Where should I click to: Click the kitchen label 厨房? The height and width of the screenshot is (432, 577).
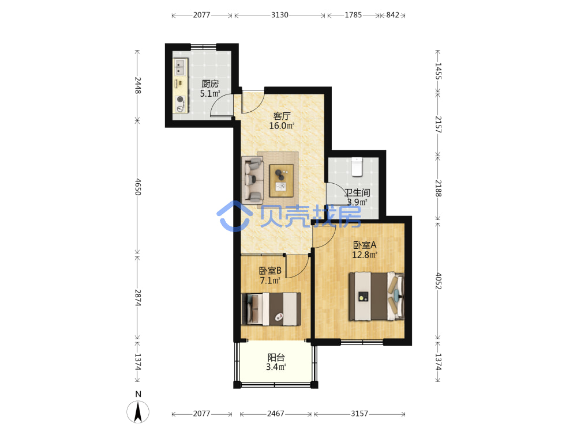[210, 84]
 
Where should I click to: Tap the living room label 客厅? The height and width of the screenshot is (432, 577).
[282, 116]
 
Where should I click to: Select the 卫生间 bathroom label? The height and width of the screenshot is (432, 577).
[357, 192]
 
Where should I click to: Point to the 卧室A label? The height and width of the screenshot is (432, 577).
[365, 245]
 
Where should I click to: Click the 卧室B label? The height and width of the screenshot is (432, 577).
[270, 271]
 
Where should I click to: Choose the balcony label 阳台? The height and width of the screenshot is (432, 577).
[276, 357]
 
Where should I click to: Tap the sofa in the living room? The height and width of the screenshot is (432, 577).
[253, 180]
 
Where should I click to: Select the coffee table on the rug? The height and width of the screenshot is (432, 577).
[282, 180]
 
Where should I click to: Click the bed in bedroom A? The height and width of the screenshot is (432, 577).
[376, 296]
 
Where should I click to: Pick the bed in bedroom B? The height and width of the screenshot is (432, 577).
[271, 309]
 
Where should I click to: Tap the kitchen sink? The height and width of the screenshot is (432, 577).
[180, 67]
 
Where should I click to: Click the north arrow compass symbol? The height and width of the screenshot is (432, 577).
[138, 412]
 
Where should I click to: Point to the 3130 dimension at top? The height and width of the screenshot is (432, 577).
[280, 15]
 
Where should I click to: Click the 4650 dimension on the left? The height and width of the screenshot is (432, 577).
[138, 187]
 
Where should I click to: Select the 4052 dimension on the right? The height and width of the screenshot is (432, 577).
[439, 281]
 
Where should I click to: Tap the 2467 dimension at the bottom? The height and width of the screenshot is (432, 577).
[276, 414]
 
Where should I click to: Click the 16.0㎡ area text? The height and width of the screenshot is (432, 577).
[282, 126]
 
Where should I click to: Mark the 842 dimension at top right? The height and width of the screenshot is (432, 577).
[392, 15]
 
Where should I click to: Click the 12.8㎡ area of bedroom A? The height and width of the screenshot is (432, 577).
[365, 255]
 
